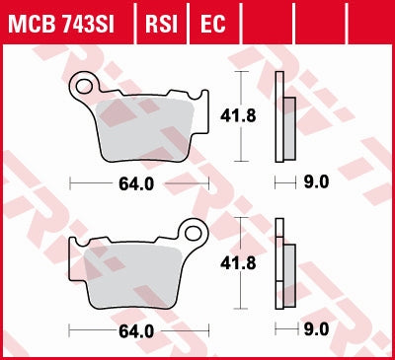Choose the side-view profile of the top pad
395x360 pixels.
[x=282, y=117]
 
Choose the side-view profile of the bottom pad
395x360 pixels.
[x=282, y=266]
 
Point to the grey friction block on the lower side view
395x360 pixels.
[x=289, y=275]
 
